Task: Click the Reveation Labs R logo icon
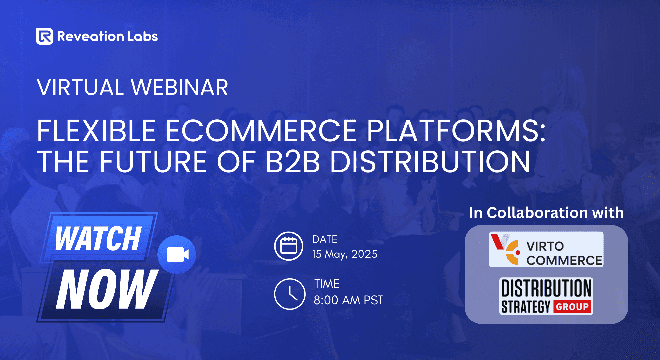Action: click(x=44, y=36)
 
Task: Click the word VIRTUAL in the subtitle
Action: click(x=80, y=88)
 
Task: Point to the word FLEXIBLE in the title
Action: click(x=96, y=131)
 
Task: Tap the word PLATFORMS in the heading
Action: click(x=455, y=131)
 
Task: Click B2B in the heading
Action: click(x=292, y=162)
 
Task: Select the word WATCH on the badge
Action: click(x=98, y=238)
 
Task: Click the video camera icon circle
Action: click(x=177, y=255)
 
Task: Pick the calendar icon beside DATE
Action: click(x=289, y=246)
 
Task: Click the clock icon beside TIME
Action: click(x=290, y=294)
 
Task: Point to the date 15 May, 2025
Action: click(x=345, y=254)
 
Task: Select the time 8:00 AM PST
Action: click(x=348, y=300)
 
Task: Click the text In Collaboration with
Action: click(x=546, y=213)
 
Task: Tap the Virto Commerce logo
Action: click(x=546, y=250)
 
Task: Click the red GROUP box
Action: click(x=572, y=306)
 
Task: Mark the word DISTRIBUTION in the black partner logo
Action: click(x=546, y=288)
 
